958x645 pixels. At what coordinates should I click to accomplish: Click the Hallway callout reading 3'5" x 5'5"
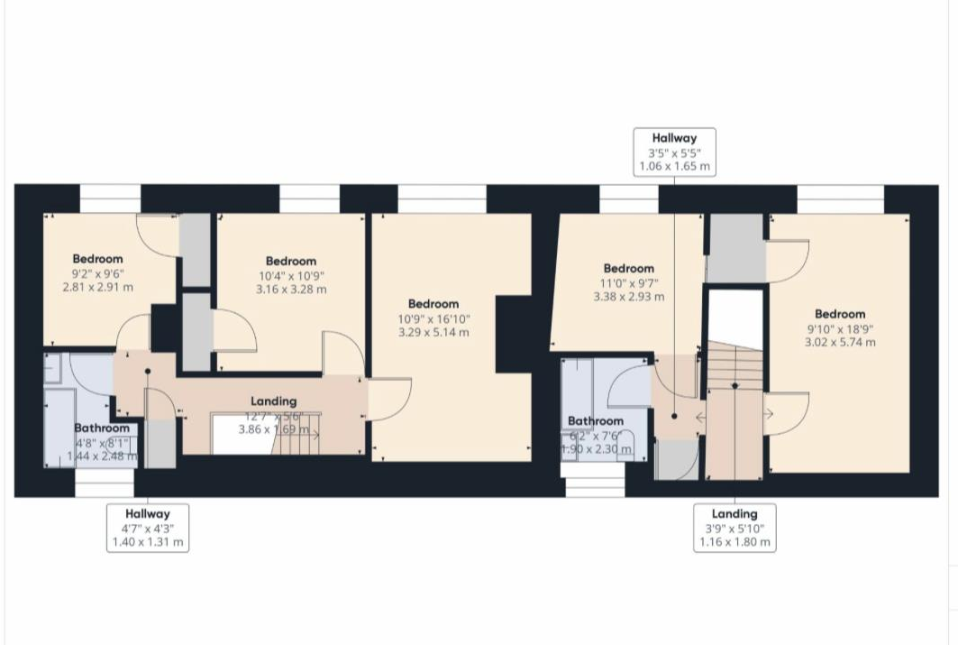coord(675,152)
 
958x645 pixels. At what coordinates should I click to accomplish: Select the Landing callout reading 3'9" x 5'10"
coord(734,528)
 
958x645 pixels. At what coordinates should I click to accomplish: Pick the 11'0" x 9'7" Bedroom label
coord(628,281)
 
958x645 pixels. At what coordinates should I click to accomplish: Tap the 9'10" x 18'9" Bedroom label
coord(840,327)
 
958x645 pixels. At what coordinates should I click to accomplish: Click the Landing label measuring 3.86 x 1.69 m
coord(275,416)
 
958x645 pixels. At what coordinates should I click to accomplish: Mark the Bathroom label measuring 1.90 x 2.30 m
coord(595,435)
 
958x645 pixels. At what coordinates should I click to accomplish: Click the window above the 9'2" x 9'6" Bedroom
coord(110,198)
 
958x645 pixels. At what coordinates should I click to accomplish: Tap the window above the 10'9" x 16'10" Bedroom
coord(442,198)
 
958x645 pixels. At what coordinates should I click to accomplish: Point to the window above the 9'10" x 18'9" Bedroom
coord(840,198)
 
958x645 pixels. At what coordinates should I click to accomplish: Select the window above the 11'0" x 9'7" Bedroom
coord(628,198)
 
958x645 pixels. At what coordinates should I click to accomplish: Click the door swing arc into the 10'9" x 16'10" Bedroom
coord(389,400)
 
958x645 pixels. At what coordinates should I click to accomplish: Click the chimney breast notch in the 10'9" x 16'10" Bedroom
coord(513,334)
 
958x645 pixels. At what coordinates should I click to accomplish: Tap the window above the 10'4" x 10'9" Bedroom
coord(309,198)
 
